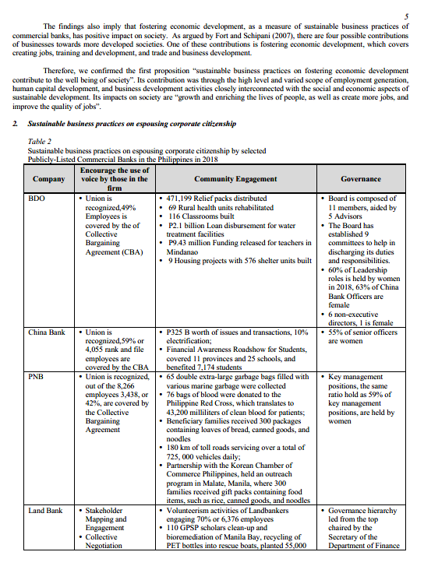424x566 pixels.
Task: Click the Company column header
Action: [x=48, y=179]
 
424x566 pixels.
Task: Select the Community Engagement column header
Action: [x=235, y=179]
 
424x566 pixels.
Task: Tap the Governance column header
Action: [x=361, y=179]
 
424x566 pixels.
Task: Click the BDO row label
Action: [x=37, y=199]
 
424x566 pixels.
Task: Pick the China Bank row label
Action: [x=46, y=332]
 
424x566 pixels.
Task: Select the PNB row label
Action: [x=37, y=376]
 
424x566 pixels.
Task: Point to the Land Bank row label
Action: [x=46, y=511]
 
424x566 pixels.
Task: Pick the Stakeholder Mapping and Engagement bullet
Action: [x=106, y=519]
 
